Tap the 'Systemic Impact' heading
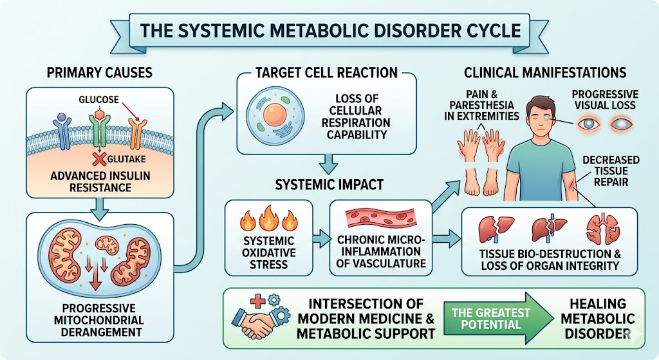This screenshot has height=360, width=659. [329, 184]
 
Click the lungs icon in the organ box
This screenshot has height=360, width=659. [600, 229]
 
